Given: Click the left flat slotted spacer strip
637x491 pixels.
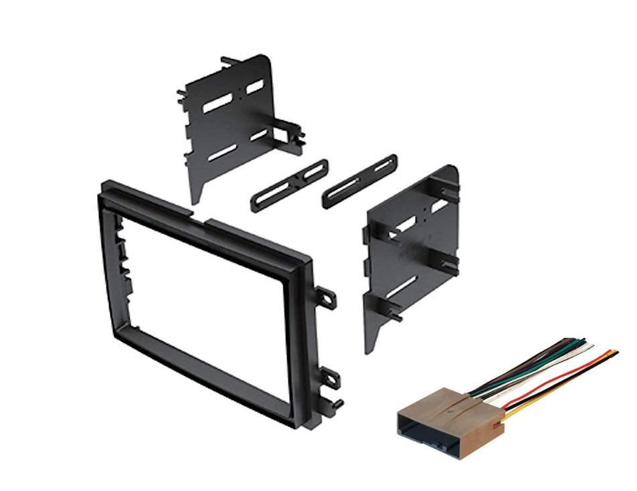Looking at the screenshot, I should (x=290, y=182).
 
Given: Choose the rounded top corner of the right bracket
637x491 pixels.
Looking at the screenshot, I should (x=448, y=172).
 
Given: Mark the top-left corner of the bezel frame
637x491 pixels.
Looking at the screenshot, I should (x=102, y=184).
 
